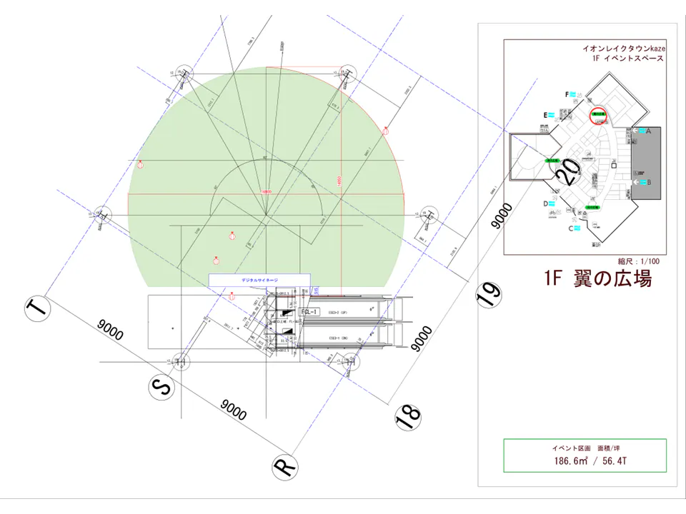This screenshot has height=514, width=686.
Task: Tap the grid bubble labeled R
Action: (x=285, y=467)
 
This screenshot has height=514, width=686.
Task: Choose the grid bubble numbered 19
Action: (x=489, y=295)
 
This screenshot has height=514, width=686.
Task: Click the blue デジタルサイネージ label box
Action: (x=259, y=280)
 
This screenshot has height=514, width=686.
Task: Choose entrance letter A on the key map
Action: (x=647, y=131)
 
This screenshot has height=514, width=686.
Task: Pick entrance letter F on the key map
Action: (x=567, y=94)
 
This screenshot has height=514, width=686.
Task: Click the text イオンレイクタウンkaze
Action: (x=624, y=49)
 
